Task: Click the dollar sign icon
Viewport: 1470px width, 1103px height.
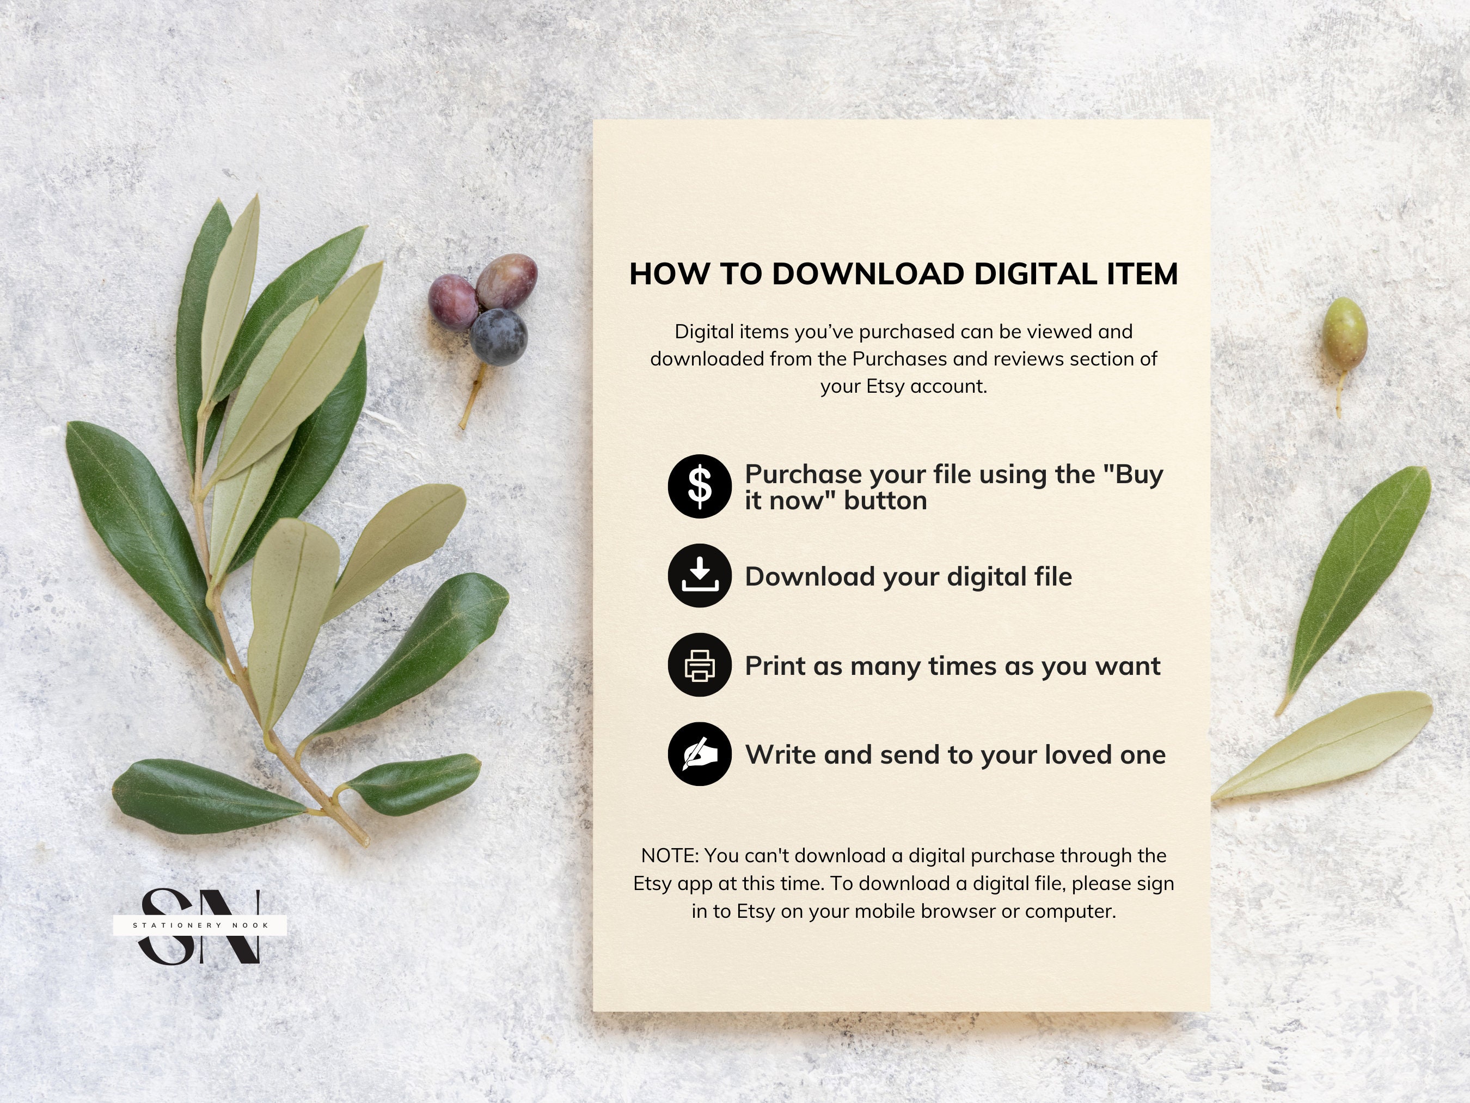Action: coord(700,486)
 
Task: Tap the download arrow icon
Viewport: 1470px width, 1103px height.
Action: coord(700,575)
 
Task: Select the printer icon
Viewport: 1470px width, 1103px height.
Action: coord(700,665)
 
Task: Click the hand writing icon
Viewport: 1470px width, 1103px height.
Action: coord(700,754)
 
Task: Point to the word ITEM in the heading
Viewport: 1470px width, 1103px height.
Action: coord(1142,274)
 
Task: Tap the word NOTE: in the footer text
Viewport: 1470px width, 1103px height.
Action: coord(669,856)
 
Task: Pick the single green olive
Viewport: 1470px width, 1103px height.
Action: coord(1344,331)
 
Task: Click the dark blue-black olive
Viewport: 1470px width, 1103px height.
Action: coord(498,337)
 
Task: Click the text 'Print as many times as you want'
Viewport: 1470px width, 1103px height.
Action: coord(952,666)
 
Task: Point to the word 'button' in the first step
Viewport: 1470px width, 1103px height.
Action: coord(885,501)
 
